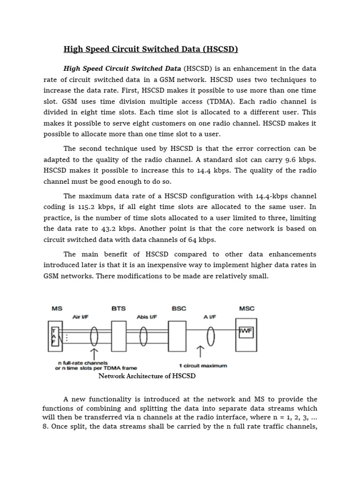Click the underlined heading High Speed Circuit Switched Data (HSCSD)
click(x=151, y=49)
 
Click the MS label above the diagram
click(x=57, y=308)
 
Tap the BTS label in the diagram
click(x=119, y=308)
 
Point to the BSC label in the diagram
click(x=179, y=308)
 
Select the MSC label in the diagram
click(x=247, y=308)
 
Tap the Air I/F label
click(x=81, y=317)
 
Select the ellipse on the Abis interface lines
click(x=143, y=336)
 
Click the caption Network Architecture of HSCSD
click(x=147, y=376)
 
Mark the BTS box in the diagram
click(x=119, y=336)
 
